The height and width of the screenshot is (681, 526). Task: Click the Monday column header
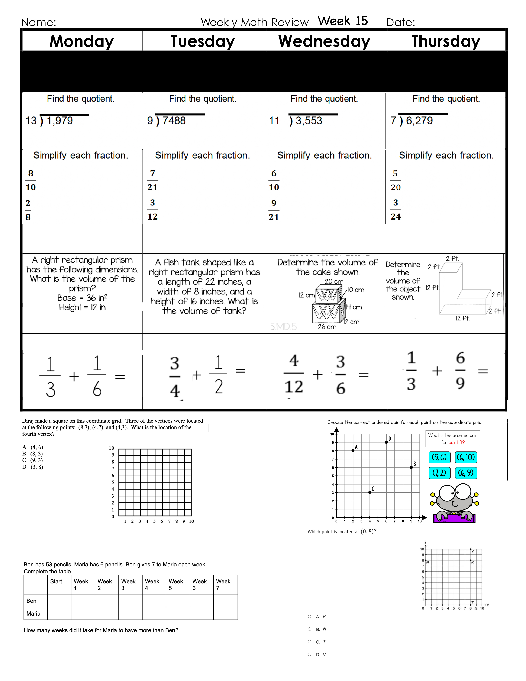click(82, 41)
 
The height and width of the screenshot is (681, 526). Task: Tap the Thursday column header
click(446, 41)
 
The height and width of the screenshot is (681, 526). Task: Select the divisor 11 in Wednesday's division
click(274, 121)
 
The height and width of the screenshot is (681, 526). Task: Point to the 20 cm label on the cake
click(334, 281)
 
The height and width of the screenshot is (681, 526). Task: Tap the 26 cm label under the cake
click(327, 327)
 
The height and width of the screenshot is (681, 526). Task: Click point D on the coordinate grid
click(386, 442)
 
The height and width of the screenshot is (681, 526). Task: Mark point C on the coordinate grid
click(370, 492)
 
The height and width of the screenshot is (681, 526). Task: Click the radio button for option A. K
click(309, 616)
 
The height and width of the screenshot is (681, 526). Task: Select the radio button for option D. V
click(309, 654)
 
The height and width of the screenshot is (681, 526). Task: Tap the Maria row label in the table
click(33, 613)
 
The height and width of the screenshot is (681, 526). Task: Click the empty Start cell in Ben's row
click(59, 601)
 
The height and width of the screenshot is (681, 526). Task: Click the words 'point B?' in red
click(456, 442)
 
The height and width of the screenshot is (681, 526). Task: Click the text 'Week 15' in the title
click(343, 21)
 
